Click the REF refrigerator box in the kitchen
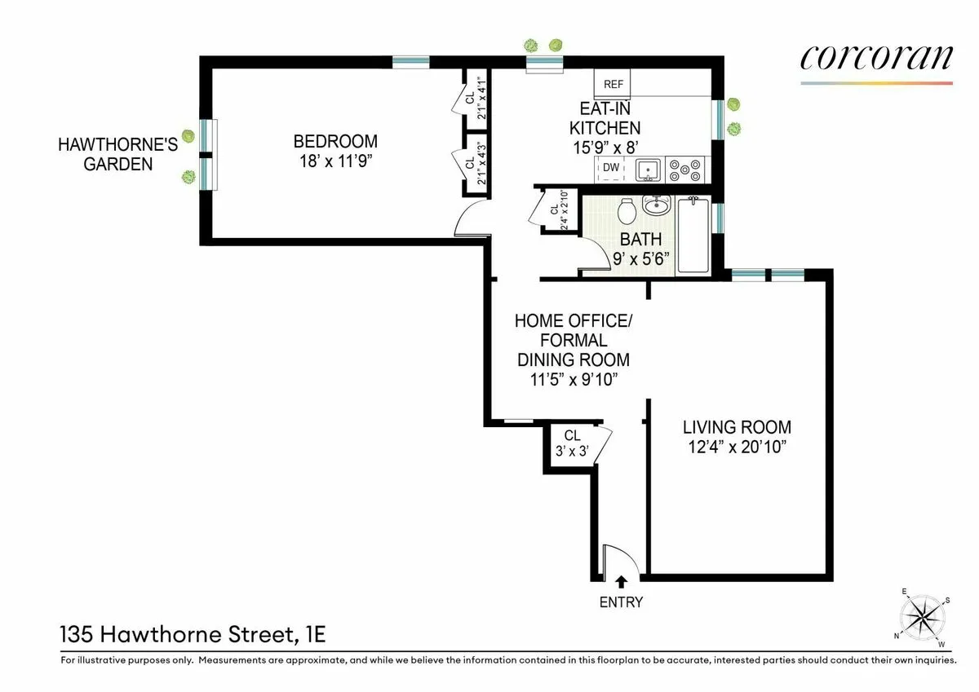(613, 84)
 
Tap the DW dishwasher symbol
(610, 169)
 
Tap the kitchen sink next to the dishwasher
(649, 170)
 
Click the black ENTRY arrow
(622, 581)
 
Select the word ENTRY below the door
(622, 603)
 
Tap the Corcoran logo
(876, 60)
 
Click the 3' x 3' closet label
(571, 443)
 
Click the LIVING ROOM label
(737, 427)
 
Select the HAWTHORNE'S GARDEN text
(105, 154)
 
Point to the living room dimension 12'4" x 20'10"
(737, 447)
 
